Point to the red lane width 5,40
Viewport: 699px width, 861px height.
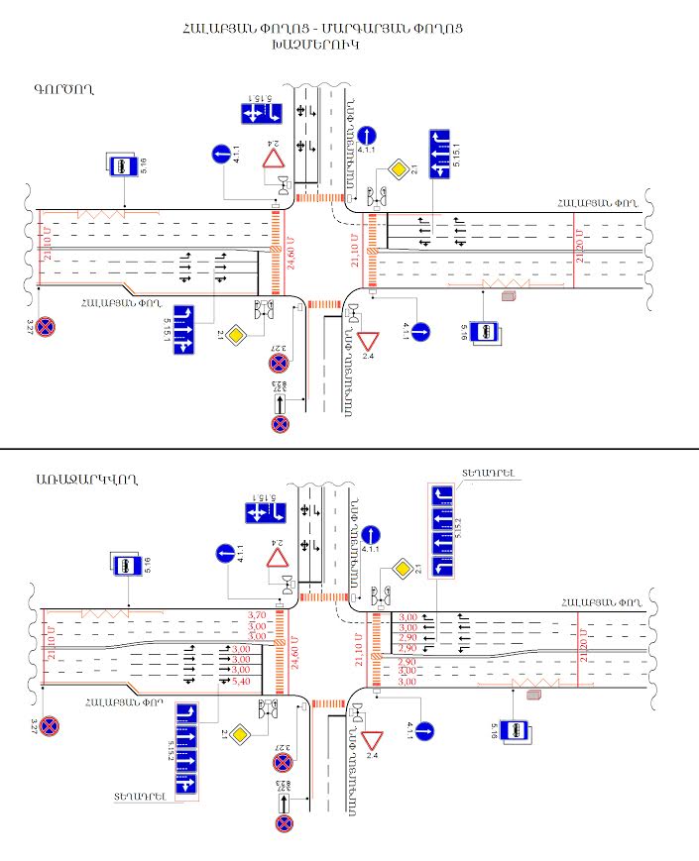tap(241, 682)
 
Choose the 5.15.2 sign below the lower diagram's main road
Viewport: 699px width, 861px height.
tap(186, 751)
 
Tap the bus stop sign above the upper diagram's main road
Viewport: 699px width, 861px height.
tap(121, 165)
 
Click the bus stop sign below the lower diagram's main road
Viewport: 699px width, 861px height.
tap(515, 730)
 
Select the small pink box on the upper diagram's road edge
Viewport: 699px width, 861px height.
tap(510, 295)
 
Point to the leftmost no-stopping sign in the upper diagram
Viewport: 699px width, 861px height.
tap(46, 326)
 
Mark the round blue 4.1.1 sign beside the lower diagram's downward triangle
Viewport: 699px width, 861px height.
tap(424, 732)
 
